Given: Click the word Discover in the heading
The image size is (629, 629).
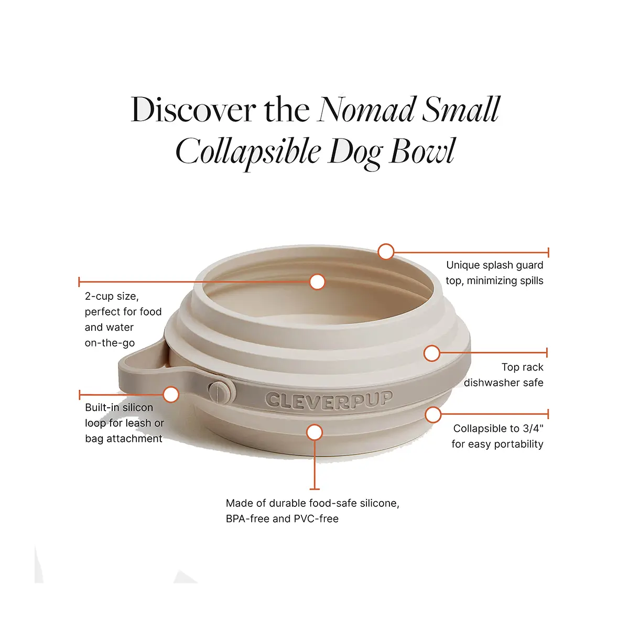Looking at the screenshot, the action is pyautogui.click(x=193, y=110).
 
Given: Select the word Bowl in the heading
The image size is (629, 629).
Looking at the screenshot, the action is pyautogui.click(x=422, y=151).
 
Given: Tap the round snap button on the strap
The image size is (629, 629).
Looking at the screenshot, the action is pyautogui.click(x=221, y=392).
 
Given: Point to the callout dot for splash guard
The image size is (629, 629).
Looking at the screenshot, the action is pyautogui.click(x=386, y=252).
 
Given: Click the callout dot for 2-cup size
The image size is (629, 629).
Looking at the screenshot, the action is pyautogui.click(x=317, y=281).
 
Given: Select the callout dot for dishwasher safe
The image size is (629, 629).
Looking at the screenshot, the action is pyautogui.click(x=431, y=353).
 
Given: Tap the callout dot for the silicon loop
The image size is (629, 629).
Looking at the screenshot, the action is pyautogui.click(x=171, y=394).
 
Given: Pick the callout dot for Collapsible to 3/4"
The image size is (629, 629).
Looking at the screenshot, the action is pyautogui.click(x=433, y=415).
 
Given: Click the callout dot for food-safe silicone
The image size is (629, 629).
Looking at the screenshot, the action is pyautogui.click(x=314, y=432).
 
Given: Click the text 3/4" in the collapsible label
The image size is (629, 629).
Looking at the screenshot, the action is pyautogui.click(x=533, y=429).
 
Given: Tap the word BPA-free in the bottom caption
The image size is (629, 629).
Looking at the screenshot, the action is pyautogui.click(x=247, y=519).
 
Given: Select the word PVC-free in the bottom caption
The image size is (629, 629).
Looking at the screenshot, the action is pyautogui.click(x=316, y=519).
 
